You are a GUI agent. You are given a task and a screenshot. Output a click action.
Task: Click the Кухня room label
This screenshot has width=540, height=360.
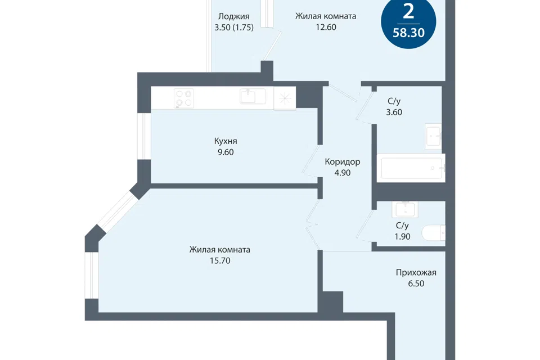(x=226, y=141)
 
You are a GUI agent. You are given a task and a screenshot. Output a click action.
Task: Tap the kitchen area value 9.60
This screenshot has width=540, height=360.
(x=226, y=152)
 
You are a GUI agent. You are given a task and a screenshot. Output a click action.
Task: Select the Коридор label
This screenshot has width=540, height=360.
(x=343, y=162)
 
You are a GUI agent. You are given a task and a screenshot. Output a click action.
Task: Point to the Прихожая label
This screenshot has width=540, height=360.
(x=416, y=273)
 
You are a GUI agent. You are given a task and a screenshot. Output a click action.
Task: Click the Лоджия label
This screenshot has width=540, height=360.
(x=234, y=16)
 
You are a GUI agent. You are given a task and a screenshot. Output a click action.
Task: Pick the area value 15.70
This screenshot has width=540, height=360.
(x=220, y=261)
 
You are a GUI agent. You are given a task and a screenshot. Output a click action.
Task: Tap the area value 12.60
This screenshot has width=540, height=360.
(x=326, y=27)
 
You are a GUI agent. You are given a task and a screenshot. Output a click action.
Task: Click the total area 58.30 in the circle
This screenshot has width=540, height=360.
(x=408, y=33)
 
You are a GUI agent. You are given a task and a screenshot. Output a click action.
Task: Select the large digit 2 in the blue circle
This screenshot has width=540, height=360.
(x=408, y=12)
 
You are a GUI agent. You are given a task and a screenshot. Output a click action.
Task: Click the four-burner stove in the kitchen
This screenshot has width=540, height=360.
(x=183, y=98)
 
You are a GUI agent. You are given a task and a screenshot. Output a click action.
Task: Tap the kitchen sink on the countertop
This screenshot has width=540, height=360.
(x=253, y=96)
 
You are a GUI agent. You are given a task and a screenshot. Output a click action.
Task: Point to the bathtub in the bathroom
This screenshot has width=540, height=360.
(x=411, y=168)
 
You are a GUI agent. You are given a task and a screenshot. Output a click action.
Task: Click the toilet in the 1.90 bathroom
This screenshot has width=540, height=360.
(x=434, y=233)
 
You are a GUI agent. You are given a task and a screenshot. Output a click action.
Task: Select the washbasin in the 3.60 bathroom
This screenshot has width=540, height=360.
(x=433, y=136)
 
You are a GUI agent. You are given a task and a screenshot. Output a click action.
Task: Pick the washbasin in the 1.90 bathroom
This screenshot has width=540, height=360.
(x=406, y=209)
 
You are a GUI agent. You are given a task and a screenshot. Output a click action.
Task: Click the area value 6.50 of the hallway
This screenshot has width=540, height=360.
(x=416, y=284)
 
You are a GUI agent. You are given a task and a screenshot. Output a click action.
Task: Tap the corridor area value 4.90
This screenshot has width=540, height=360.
(x=343, y=173)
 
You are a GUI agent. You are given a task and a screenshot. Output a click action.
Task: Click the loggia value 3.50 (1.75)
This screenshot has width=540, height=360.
(x=234, y=28)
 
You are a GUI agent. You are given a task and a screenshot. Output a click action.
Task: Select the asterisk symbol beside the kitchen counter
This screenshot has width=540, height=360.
(x=285, y=99)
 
